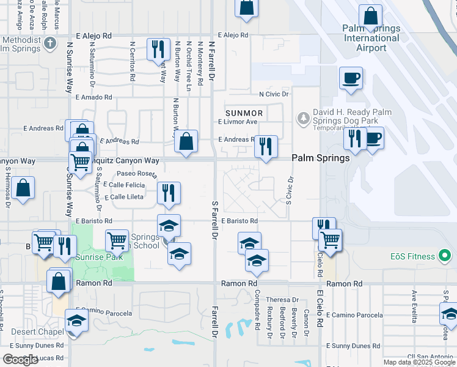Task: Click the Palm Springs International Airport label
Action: tap(371, 38)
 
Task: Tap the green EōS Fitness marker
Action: tap(445, 255)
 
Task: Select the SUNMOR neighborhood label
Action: tap(244, 113)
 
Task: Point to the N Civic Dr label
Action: tap(274, 94)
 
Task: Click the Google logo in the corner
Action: tap(20, 360)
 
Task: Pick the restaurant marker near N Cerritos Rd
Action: tap(158, 48)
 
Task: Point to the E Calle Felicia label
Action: tap(124, 185)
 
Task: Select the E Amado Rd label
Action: tap(93, 97)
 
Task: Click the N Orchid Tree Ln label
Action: tap(189, 61)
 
